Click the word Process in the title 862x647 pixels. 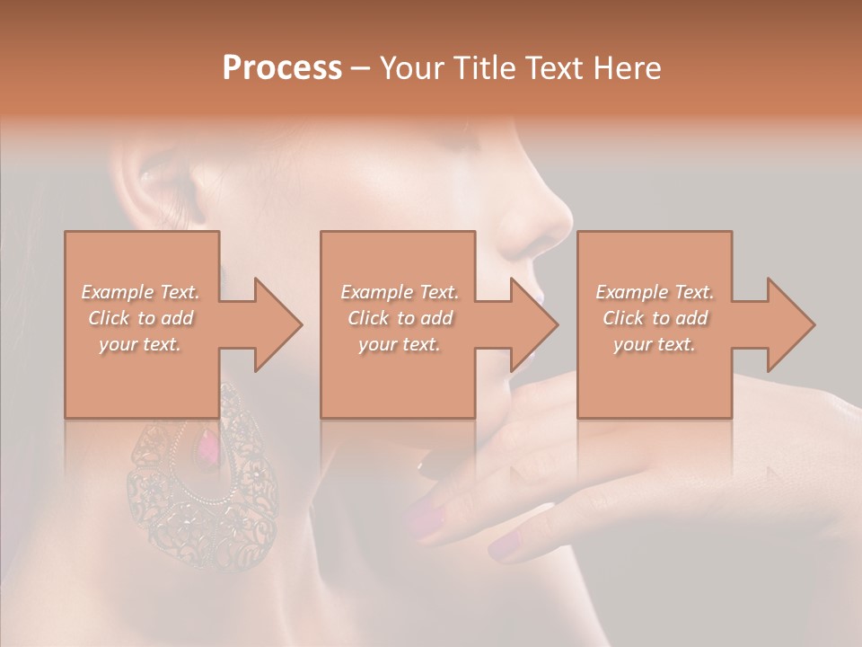(x=282, y=68)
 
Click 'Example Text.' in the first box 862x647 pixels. (x=140, y=292)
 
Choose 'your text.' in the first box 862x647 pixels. (x=140, y=344)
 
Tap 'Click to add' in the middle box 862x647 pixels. (x=400, y=318)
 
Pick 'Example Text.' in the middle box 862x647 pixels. (x=400, y=292)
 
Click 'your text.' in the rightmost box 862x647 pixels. (x=655, y=344)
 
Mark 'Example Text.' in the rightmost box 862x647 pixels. (x=655, y=292)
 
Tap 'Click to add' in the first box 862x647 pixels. (x=140, y=318)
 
